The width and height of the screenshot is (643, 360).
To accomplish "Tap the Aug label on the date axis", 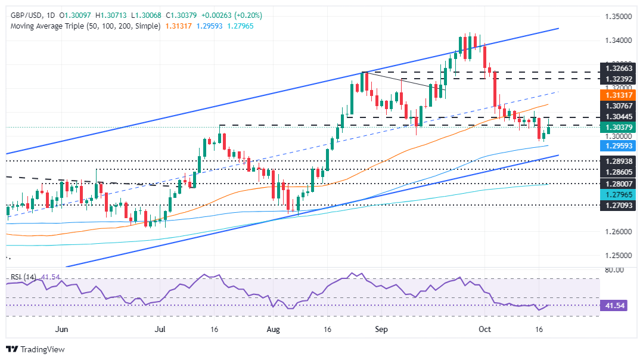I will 273,328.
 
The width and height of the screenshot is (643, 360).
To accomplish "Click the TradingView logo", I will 36,349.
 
